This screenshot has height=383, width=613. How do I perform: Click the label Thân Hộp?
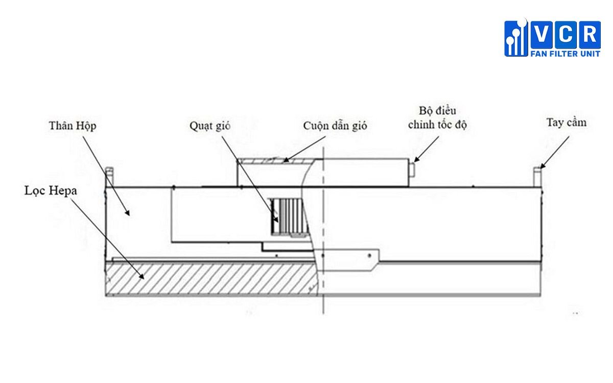click(x=73, y=125)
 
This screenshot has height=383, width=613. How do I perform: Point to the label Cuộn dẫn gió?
click(x=335, y=126)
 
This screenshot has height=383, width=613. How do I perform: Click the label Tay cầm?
click(x=567, y=123)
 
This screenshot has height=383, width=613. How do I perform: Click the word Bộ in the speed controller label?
click(x=424, y=111)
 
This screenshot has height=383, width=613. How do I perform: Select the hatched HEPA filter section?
click(x=204, y=279)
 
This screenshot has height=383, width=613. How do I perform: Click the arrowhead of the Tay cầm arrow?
click(x=541, y=166)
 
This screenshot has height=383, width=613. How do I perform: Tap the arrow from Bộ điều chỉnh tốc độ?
click(x=428, y=148)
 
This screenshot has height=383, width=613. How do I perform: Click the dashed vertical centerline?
click(x=324, y=230)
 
